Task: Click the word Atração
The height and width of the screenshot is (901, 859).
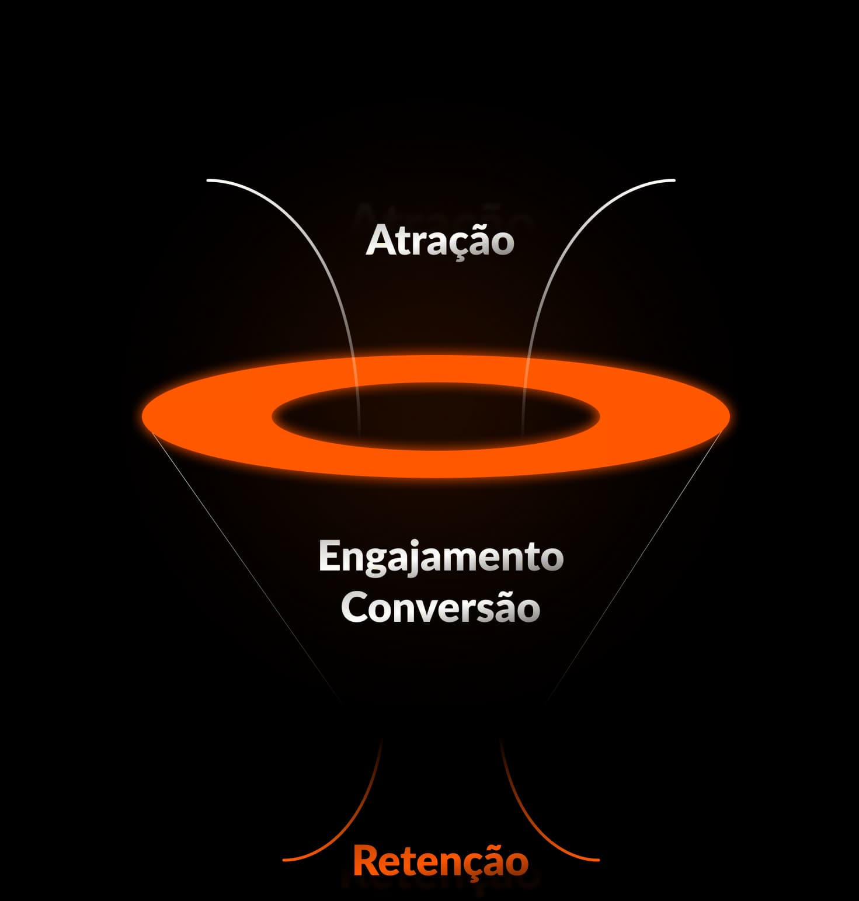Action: [x=440, y=241]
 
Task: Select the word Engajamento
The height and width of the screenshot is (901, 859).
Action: [x=441, y=557]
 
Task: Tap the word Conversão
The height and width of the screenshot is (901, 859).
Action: [x=440, y=608]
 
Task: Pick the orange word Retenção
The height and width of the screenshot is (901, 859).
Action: [x=441, y=861]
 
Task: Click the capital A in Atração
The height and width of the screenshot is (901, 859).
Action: [x=379, y=240]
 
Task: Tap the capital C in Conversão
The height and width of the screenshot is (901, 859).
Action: [x=354, y=608]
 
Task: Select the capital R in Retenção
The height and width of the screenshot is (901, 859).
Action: [x=365, y=861]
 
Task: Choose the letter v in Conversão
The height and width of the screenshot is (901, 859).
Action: [x=429, y=610]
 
